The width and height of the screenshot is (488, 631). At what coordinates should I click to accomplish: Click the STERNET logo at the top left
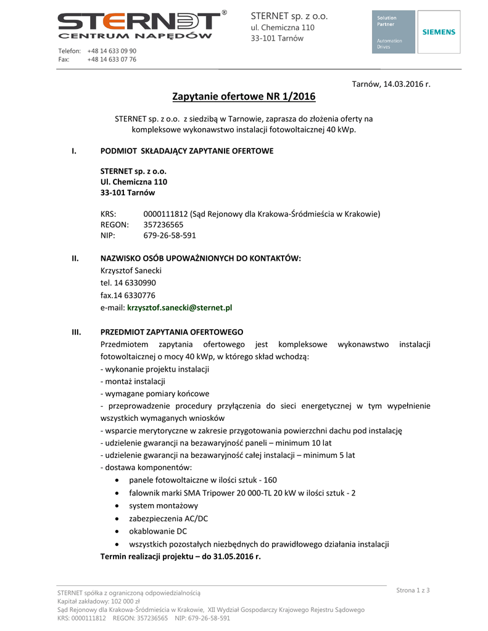[x=139, y=25]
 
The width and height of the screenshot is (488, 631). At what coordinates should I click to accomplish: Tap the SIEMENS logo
[x=438, y=32]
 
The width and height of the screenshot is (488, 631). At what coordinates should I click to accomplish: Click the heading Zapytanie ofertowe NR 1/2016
[x=244, y=97]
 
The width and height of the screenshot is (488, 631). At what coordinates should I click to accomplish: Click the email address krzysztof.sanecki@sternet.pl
[x=179, y=307]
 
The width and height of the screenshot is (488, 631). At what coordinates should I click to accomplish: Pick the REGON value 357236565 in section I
[x=163, y=225]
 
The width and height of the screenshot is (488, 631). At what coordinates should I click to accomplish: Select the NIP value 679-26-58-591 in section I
[x=170, y=235]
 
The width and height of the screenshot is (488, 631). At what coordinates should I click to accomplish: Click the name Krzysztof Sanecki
[x=130, y=270]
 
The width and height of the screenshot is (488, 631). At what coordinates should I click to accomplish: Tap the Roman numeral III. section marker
[x=77, y=332]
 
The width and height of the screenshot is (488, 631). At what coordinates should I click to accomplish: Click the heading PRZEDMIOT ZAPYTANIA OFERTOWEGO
[x=172, y=332]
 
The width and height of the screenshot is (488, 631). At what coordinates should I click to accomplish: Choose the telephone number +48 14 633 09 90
[x=112, y=51]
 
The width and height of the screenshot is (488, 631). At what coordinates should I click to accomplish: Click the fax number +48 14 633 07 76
[x=112, y=60]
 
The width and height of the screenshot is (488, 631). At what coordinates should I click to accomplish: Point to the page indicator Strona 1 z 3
[x=413, y=590]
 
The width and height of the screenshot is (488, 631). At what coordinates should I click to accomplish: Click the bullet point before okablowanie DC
[x=118, y=531]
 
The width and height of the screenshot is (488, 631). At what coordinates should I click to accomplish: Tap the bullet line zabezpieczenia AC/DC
[x=168, y=519]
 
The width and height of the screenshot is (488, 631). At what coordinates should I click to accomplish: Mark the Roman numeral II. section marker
[x=75, y=258]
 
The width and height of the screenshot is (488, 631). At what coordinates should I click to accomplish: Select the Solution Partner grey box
[x=394, y=32]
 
